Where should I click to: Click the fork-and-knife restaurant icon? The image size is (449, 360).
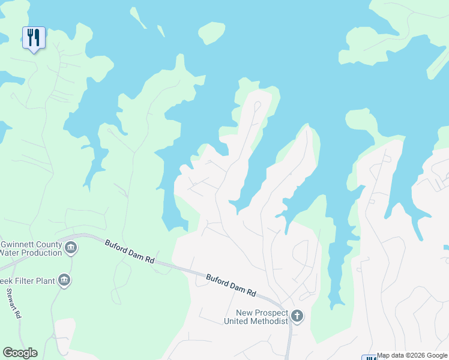point(34,38)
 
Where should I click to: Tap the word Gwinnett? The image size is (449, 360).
point(22,244)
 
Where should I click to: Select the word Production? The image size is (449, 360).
point(41,253)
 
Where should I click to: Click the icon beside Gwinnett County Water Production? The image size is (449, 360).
point(71,247)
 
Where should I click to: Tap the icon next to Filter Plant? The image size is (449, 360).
point(64,280)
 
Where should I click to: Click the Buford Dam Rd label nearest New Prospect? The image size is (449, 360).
point(231,286)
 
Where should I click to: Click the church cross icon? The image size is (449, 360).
point(297,316)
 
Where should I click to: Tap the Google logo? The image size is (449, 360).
point(20,353)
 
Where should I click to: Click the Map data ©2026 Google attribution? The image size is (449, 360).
point(412,356)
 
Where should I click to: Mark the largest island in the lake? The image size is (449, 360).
point(211,32)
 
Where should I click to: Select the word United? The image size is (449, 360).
point(235,321)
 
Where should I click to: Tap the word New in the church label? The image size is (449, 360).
point(244,313)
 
